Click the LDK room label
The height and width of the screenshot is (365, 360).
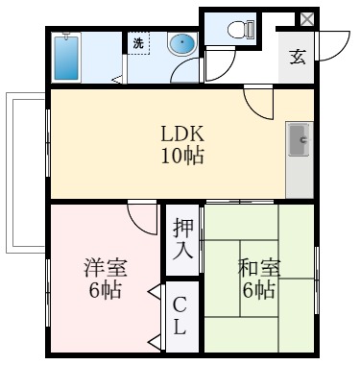click(182, 134)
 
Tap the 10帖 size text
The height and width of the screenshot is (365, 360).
click(182, 155)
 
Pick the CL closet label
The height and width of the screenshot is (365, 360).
click(181, 316)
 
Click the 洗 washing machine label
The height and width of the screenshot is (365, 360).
click(137, 43)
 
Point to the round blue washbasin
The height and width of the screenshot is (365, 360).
click(182, 44)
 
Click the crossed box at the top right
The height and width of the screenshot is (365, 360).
click(306, 19)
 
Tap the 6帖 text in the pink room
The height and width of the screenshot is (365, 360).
click(105, 290)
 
